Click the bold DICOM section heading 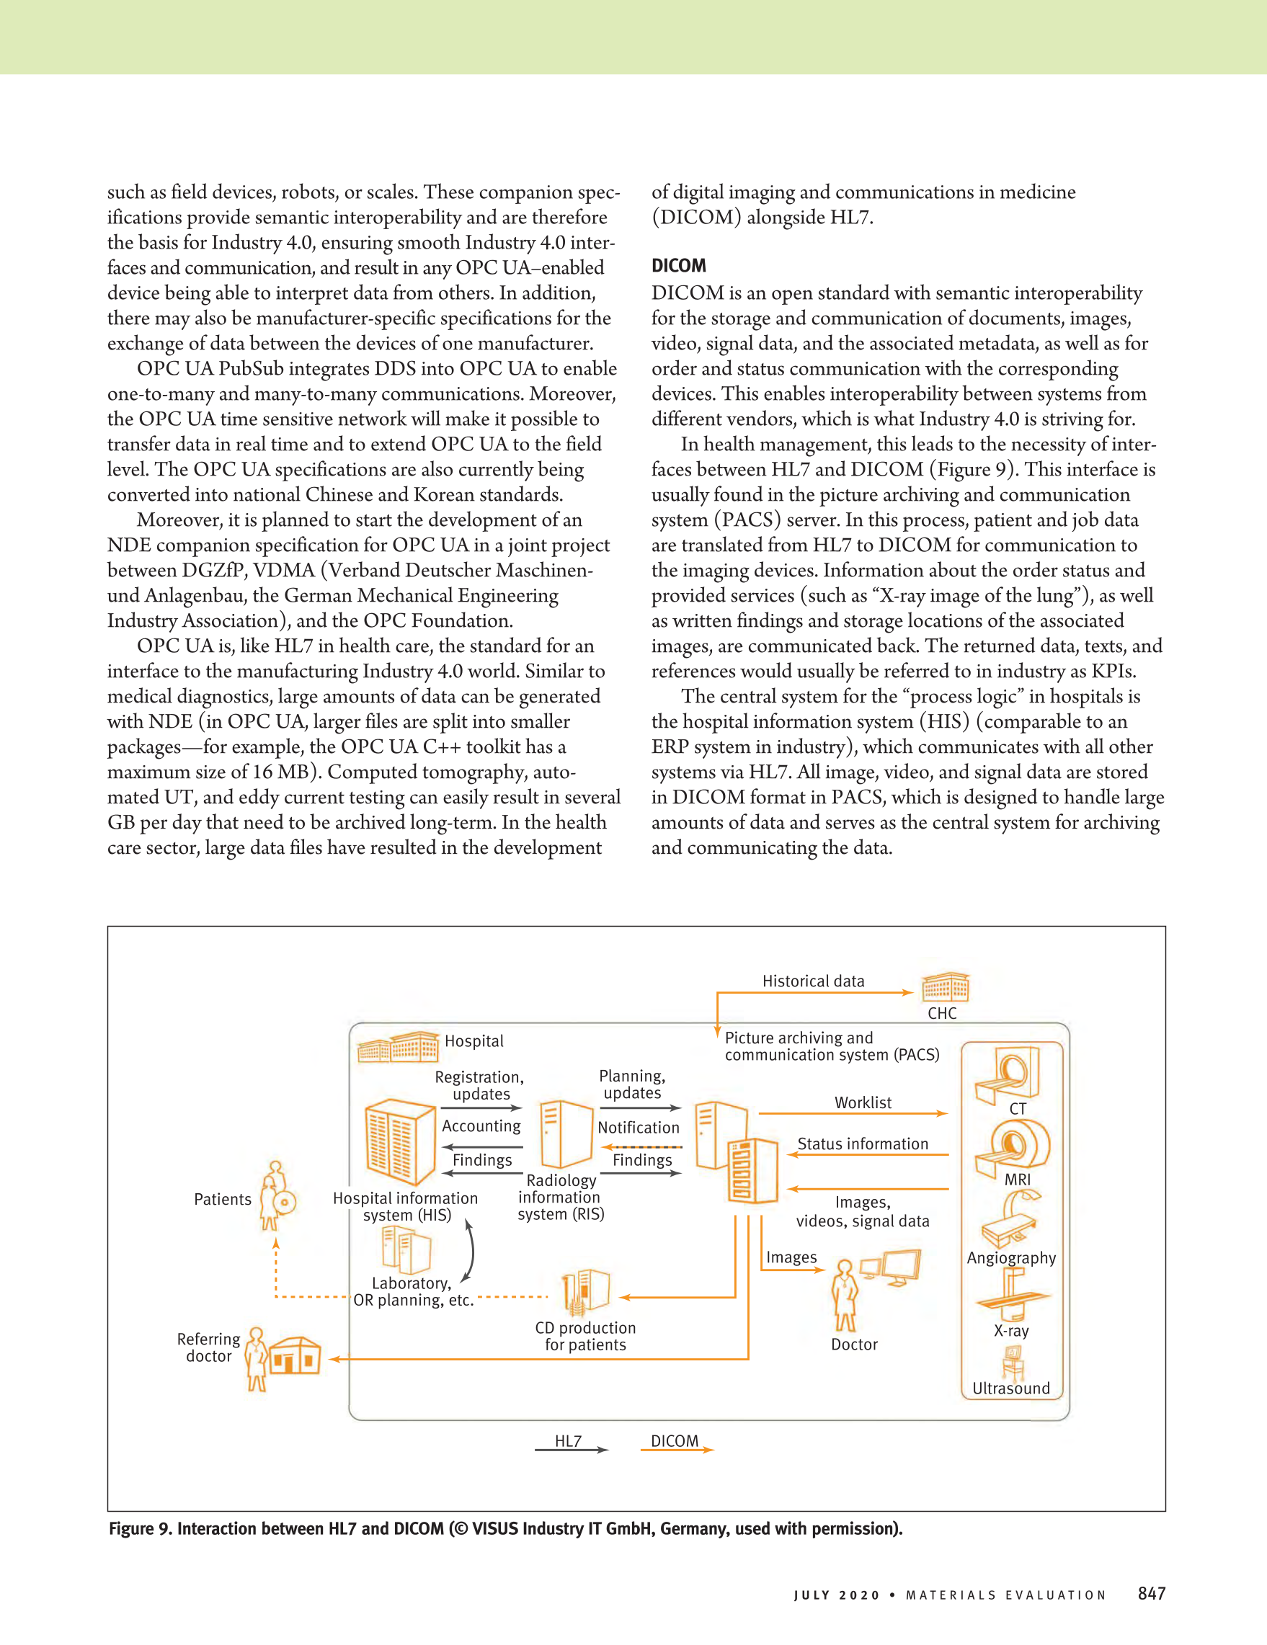[679, 266]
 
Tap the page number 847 [1152, 1593]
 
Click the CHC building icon [946, 986]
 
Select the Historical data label [813, 981]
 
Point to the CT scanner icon [1008, 1074]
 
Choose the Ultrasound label [1011, 1388]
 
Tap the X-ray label [1011, 1331]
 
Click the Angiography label [1011, 1258]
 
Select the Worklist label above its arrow [863, 1102]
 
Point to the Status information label [863, 1144]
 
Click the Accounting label [481, 1126]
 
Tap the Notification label [638, 1128]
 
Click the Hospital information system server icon [400, 1142]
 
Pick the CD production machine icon [586, 1292]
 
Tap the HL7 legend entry [569, 1442]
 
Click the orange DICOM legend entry [675, 1442]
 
